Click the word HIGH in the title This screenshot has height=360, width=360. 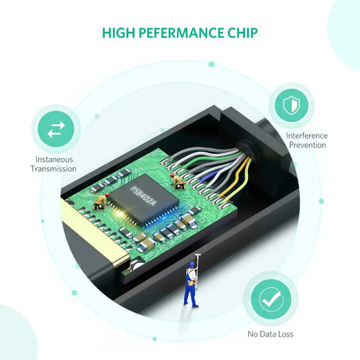pos(118,33)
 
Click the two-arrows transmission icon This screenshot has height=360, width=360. pos(56,129)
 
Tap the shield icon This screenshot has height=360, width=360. pos(291,106)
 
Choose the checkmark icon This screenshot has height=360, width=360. pos(271,299)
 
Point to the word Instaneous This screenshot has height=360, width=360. pos(54,160)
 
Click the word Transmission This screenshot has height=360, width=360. pos(53,168)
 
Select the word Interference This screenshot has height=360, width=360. pos(307,135)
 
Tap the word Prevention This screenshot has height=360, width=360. pos(308,145)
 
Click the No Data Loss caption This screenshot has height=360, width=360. pos(271,334)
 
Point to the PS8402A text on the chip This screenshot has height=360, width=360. pos(143,196)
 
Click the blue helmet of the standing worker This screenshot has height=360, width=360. pos(193,265)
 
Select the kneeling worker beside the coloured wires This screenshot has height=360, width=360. pos(178,181)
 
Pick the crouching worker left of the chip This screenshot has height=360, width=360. pos(100,201)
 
